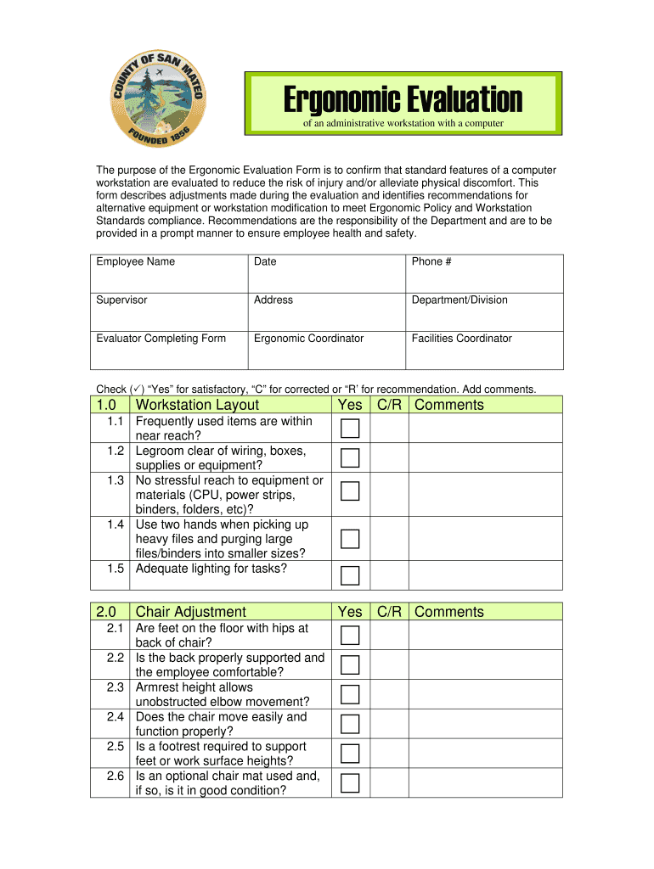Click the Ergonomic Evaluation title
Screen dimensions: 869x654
click(x=403, y=101)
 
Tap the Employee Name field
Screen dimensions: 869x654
click(x=168, y=274)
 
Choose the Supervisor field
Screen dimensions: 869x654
click(x=168, y=312)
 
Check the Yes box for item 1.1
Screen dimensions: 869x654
click(x=350, y=429)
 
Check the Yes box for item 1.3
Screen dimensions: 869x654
click(x=350, y=491)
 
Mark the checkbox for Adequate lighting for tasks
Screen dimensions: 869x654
click(x=350, y=576)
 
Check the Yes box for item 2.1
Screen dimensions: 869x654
click(x=350, y=636)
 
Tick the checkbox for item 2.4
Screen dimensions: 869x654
click(x=350, y=724)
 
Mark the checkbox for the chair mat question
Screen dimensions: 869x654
click(x=350, y=782)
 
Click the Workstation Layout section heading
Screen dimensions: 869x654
click(x=197, y=405)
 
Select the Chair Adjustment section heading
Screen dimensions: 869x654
click(x=190, y=612)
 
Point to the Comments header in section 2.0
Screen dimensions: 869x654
click(x=449, y=612)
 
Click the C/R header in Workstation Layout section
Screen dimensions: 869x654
click(x=389, y=405)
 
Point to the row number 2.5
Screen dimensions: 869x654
click(x=116, y=747)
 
